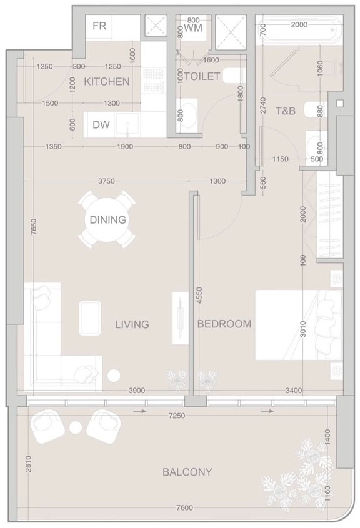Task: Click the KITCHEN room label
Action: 106,81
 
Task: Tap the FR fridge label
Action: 99,26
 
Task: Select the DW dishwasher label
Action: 101,125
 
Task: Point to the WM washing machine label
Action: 193,27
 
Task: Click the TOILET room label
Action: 202,76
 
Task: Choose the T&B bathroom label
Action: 286,111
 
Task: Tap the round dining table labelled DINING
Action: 107,219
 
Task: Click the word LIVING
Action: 132,324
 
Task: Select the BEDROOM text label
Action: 224,324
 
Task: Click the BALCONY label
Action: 187,472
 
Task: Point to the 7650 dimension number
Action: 33,228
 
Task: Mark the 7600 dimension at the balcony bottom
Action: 184,508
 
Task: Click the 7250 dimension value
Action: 177,416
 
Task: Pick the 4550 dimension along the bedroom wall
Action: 199,296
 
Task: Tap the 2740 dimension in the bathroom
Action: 263,106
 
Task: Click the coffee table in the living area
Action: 90,318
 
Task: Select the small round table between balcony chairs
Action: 76,427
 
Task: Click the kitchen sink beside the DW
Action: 127,125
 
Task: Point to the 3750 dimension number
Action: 106,181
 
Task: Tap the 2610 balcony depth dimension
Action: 28,464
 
